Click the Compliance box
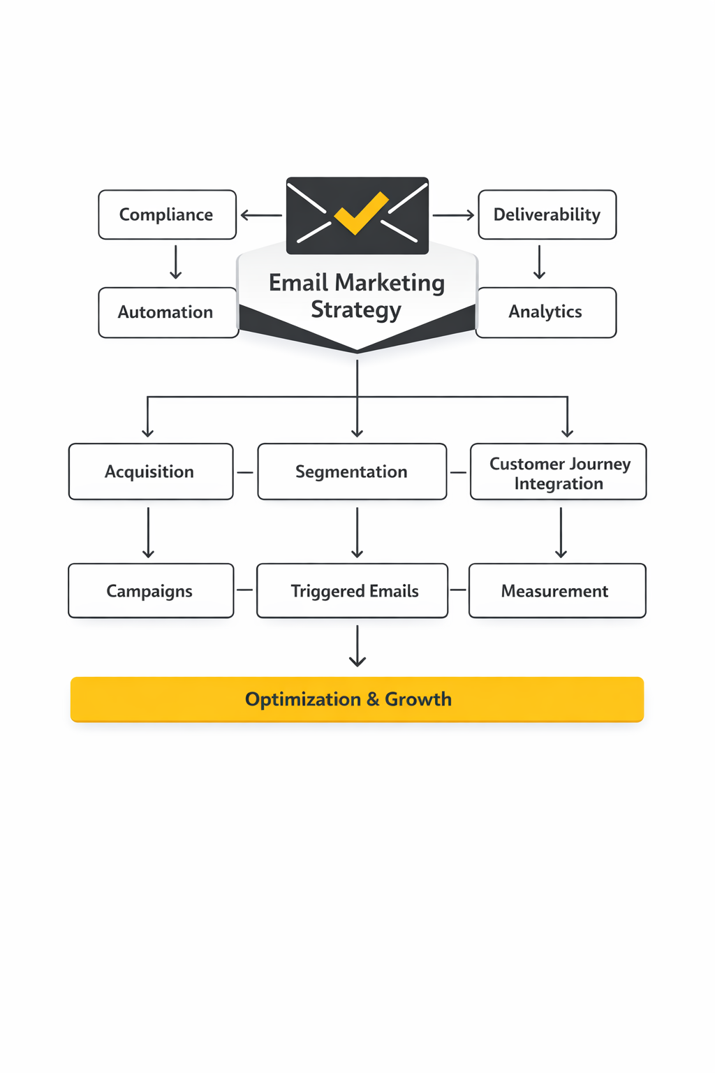tap(167, 214)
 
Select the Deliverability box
tap(547, 214)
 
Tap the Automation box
tap(167, 312)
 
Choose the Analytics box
tap(545, 312)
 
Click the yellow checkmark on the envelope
tap(360, 212)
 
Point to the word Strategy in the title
tap(356, 309)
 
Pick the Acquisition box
tap(150, 472)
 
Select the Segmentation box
tap(351, 472)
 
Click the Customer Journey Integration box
tap(558, 472)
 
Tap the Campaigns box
tap(150, 591)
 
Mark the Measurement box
tap(556, 591)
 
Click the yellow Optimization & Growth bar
tap(357, 699)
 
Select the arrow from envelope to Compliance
tap(261, 215)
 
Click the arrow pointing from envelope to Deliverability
tap(453, 215)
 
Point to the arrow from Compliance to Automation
tap(176, 262)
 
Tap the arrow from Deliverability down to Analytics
tap(539, 262)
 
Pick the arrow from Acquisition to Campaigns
tap(148, 532)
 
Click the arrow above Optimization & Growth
tap(357, 646)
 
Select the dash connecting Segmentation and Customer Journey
tap(458, 472)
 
